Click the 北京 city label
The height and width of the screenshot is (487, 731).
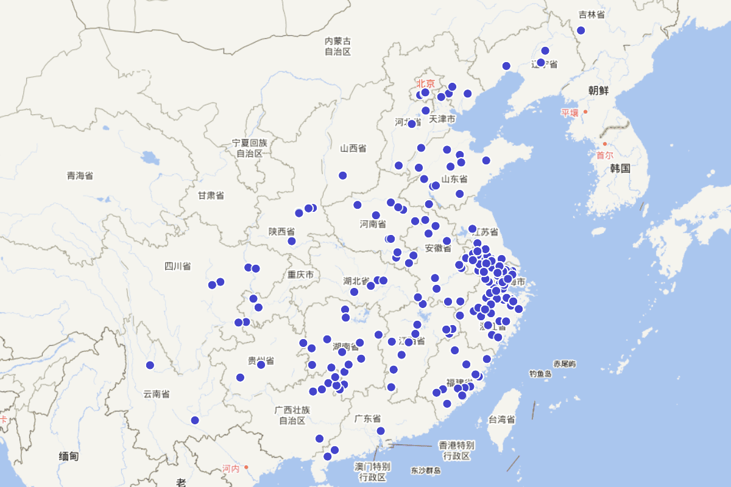(x=426, y=83)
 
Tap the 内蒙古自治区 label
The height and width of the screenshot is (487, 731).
(x=337, y=46)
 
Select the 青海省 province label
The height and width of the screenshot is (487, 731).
(x=80, y=176)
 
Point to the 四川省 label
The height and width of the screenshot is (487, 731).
(x=177, y=266)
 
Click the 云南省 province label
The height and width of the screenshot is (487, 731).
(x=157, y=394)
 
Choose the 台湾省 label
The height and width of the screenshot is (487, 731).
(x=501, y=419)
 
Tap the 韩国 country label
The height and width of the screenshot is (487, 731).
(x=620, y=169)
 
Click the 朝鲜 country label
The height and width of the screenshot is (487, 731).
(x=598, y=91)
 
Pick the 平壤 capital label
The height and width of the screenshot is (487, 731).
(x=570, y=113)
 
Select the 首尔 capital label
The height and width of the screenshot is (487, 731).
(x=605, y=155)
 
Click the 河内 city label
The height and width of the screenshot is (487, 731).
(x=231, y=468)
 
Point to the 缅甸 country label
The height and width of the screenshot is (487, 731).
(x=68, y=456)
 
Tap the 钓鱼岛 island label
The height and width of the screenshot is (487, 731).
(x=540, y=374)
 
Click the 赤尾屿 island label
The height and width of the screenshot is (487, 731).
(x=565, y=364)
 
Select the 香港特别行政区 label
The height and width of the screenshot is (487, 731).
(x=456, y=450)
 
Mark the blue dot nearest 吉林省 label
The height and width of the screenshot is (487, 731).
(x=581, y=30)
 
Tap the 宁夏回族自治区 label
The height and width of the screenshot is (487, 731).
(x=250, y=148)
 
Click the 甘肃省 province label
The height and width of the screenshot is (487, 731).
(x=211, y=195)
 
